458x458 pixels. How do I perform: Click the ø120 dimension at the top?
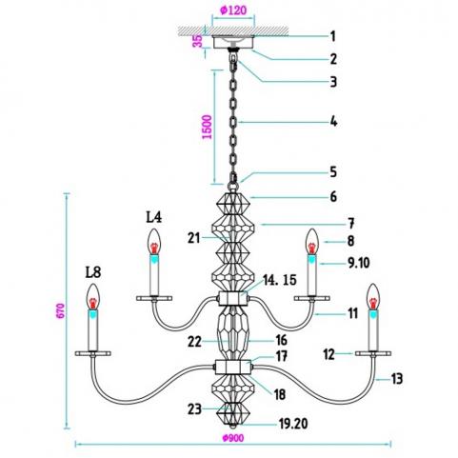coord(233,10)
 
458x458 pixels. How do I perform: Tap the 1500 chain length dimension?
coord(207,127)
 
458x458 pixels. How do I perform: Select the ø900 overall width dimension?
coord(233,438)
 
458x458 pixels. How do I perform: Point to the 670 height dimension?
coord(61,310)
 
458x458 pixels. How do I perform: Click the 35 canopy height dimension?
coord(198,41)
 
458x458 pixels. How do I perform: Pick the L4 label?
coord(154,217)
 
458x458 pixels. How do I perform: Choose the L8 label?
coord(93,272)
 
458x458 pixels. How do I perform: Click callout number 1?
coord(332,36)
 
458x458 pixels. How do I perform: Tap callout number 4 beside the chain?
coord(333,122)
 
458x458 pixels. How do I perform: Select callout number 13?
coord(397,379)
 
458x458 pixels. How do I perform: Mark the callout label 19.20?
coord(293,424)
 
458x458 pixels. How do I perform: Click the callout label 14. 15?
coord(280,280)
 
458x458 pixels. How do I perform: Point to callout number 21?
coord(194,238)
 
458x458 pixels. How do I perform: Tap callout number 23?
coord(194,409)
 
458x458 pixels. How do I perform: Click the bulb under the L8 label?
coord(93,296)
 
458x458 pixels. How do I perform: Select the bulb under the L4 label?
coord(154,242)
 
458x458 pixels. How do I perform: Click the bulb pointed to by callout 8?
coord(311,242)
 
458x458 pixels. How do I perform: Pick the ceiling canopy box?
coord(233,42)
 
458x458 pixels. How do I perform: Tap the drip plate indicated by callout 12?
coord(373,353)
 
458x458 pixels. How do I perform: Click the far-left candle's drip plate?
coord(93,353)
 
